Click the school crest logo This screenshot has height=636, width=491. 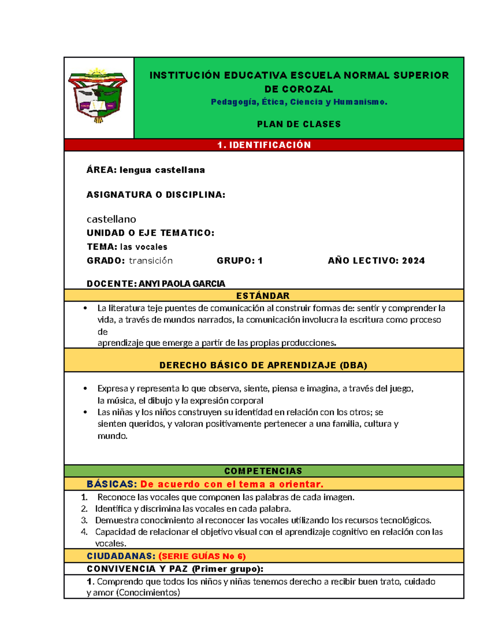point(98,96)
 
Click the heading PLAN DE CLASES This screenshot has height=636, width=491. point(299,124)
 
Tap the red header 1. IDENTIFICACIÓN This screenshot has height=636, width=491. point(264,145)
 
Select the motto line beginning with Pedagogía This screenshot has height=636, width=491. point(299,102)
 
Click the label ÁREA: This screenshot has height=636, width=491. point(101,170)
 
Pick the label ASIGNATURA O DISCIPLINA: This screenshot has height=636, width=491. point(156,195)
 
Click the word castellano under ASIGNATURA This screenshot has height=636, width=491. point(111,220)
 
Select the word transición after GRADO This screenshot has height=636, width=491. point(151,261)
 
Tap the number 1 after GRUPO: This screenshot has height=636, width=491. point(260,261)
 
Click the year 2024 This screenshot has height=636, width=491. point(413,261)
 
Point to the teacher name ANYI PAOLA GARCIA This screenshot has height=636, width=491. point(182,284)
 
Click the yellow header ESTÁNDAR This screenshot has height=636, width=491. point(263,296)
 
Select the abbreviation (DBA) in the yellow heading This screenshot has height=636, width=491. point(353,365)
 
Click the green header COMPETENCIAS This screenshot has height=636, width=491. point(263,471)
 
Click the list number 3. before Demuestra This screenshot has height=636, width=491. point(84,521)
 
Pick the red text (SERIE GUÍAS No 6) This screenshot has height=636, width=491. point(202,556)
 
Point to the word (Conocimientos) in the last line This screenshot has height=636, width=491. point(148,593)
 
